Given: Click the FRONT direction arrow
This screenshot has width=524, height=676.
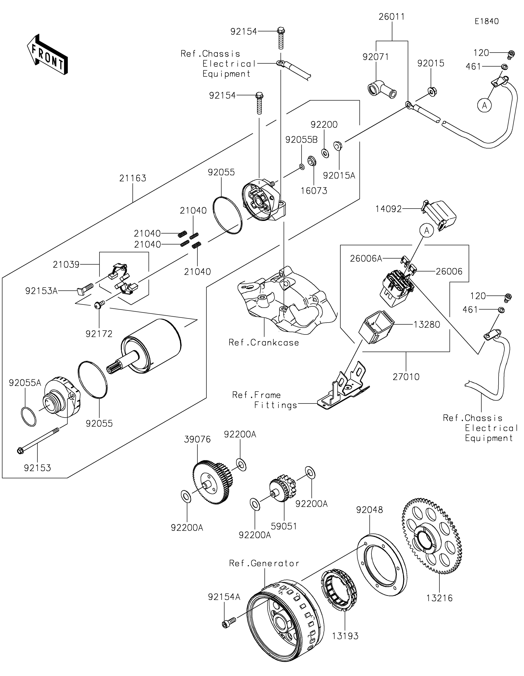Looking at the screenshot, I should coord(47,54).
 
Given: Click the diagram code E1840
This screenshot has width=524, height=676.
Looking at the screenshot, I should coord(487,21).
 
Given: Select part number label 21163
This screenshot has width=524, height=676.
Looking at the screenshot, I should coord(133,178).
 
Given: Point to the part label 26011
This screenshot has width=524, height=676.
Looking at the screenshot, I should coord(392,17).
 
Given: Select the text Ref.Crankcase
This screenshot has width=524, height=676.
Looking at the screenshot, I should coord(264,343).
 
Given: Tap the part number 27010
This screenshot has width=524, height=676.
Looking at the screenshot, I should coord(406,377).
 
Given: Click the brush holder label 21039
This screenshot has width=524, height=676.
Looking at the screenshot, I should coord(66,265).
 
